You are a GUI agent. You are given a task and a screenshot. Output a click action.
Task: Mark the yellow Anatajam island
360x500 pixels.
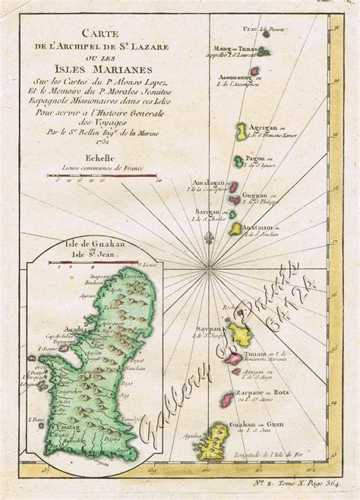[x=236, y=228]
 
